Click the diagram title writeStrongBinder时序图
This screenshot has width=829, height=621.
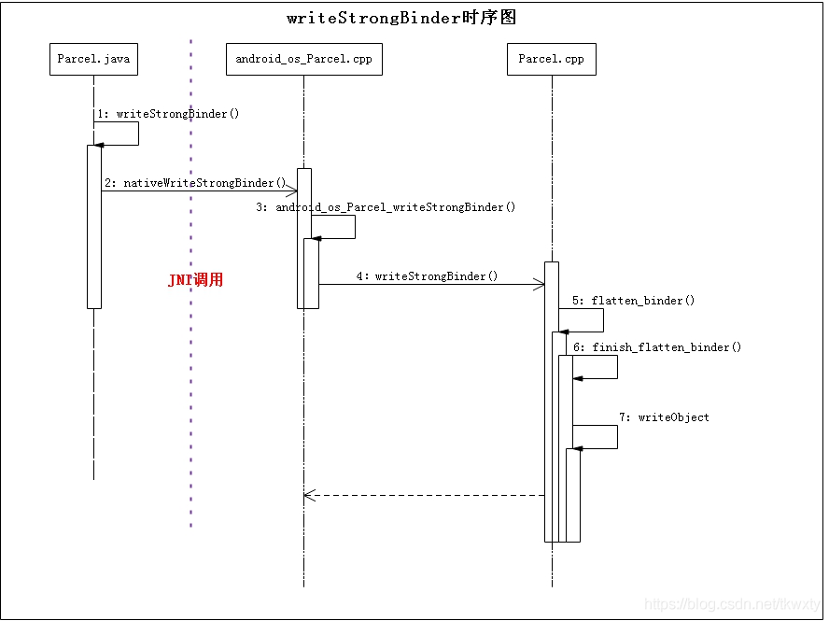coord(401,18)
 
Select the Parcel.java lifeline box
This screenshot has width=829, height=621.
coord(93,59)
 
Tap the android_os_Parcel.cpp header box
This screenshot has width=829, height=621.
coord(303,59)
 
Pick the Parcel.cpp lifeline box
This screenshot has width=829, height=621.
coord(551,59)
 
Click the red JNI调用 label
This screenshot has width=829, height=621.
coord(195,280)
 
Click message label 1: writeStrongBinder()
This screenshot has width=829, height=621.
coord(168,114)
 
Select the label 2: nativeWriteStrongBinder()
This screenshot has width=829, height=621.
coord(195,183)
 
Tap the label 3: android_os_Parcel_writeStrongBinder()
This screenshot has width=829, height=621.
coord(386,207)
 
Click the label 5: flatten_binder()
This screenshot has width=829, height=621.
coord(633,301)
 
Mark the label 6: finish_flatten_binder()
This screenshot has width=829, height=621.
coord(657,347)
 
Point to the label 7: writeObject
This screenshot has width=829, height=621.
coord(664,417)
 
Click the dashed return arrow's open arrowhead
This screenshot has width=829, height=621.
coord(309,496)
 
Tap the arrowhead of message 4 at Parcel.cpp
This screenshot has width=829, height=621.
coord(540,285)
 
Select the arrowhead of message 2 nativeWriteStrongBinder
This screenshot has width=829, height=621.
coord(291,191)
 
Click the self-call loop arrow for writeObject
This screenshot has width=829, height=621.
coord(616,437)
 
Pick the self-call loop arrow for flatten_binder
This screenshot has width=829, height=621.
coord(602,320)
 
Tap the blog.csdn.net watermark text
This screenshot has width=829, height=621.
coord(732,605)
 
